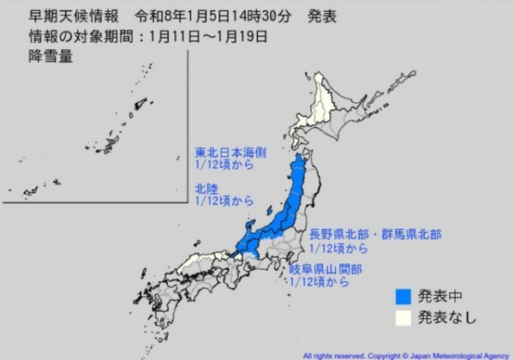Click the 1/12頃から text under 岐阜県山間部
[x=320, y=280]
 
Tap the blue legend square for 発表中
[x=403, y=298]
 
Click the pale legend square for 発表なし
[x=403, y=319]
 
